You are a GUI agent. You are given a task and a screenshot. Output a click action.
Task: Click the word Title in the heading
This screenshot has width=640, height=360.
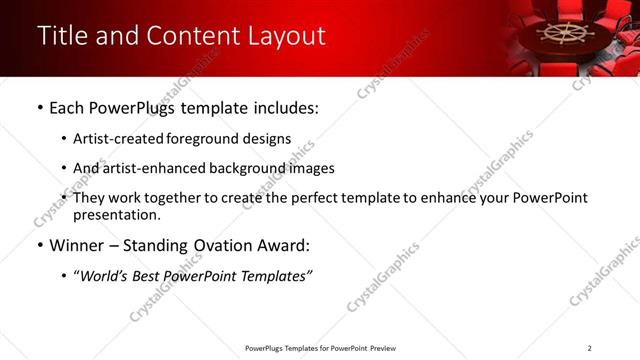[62, 36]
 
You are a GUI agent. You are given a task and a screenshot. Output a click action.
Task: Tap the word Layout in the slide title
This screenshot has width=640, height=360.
[281, 36]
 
